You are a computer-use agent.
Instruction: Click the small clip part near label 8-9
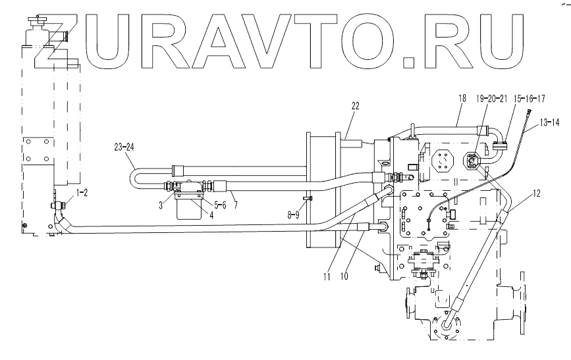coord(307,199)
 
